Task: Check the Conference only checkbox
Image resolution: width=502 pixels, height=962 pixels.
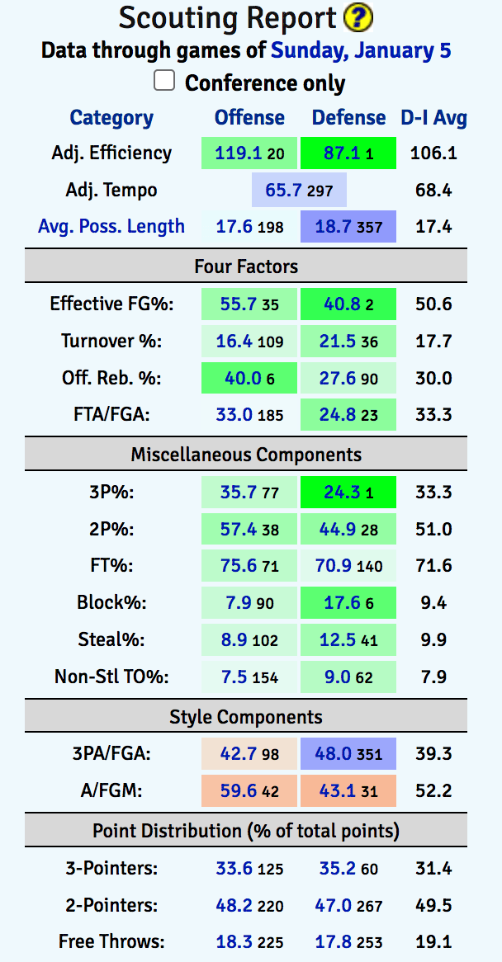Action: tap(165, 81)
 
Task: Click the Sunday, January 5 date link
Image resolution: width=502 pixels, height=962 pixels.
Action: tap(361, 50)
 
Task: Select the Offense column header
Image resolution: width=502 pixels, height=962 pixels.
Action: tap(249, 117)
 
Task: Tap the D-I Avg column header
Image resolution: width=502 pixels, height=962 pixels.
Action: tap(434, 117)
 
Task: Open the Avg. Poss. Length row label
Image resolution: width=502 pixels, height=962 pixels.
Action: tap(111, 226)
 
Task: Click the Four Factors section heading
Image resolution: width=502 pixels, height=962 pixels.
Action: tap(246, 266)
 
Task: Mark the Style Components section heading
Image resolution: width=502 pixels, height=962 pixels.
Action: tap(246, 716)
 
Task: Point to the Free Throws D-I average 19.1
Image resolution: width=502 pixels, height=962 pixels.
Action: tap(434, 941)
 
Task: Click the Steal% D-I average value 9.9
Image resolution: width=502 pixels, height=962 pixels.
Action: tap(434, 640)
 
